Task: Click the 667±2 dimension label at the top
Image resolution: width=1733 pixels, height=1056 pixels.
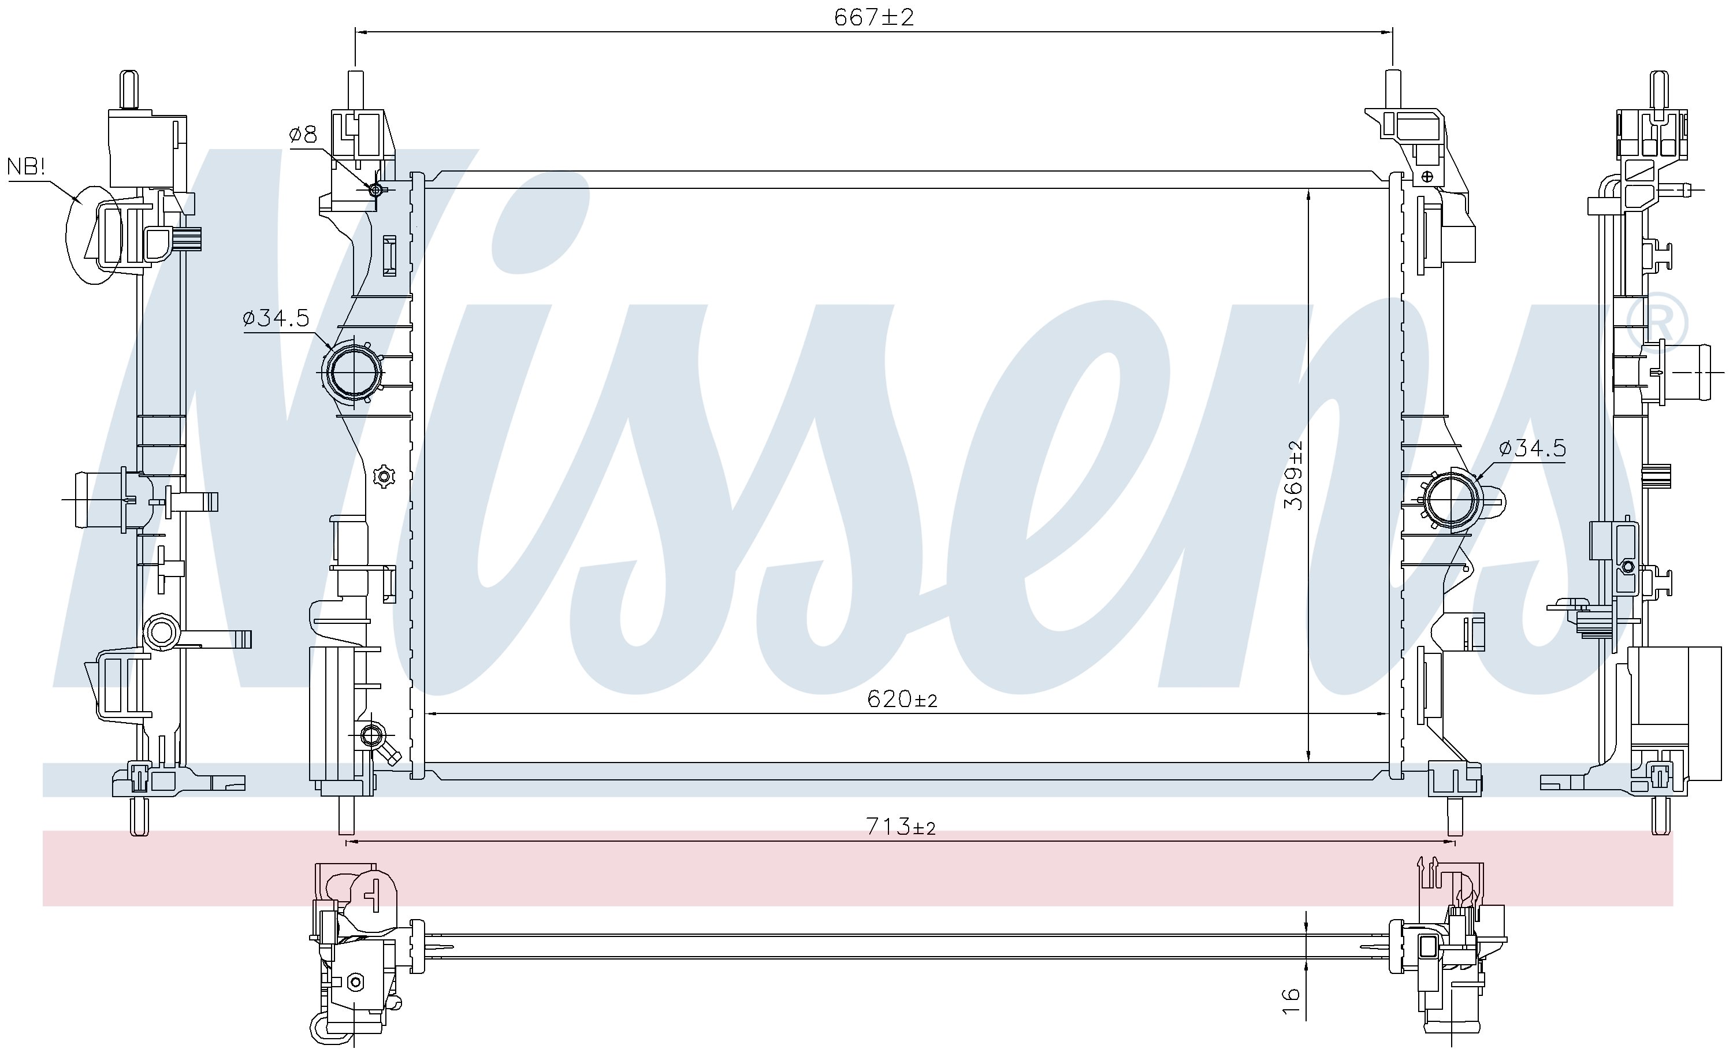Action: pos(873,17)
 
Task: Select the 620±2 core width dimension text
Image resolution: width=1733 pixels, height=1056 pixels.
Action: pos(902,698)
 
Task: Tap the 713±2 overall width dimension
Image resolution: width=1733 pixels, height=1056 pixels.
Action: pos(901,827)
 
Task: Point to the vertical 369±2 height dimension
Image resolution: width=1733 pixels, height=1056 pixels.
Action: pos(1293,475)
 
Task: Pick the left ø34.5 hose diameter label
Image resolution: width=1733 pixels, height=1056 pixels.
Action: pos(276,319)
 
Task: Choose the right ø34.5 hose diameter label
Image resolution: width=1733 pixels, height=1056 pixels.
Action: pos(1533,448)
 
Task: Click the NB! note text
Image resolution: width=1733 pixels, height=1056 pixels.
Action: pos(26,167)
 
